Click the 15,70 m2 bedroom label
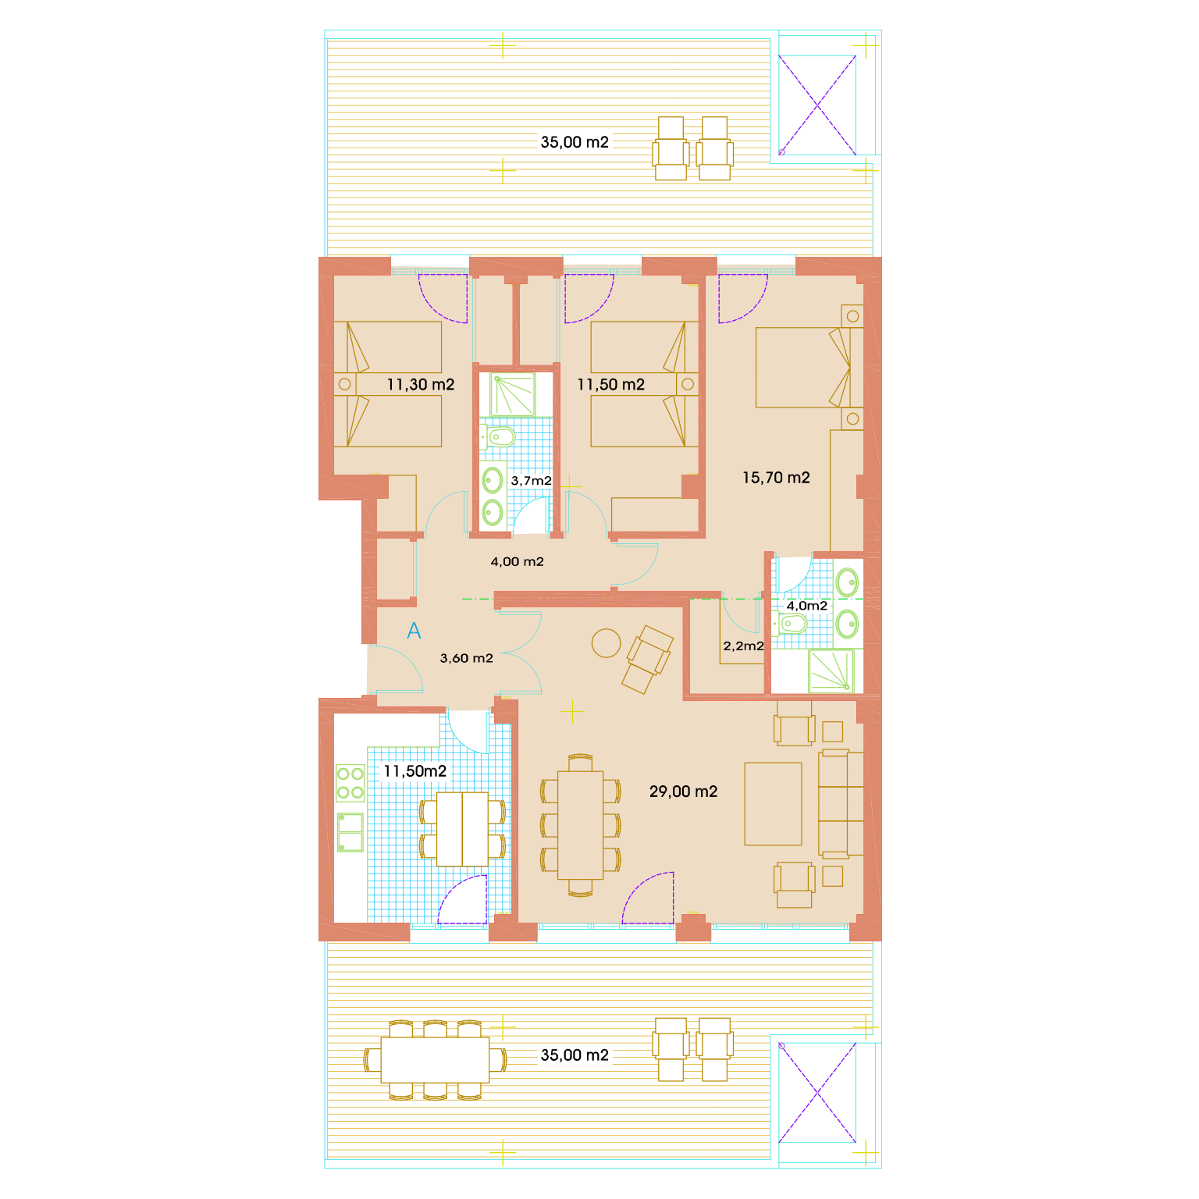[x=776, y=478]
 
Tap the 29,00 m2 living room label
[x=683, y=792]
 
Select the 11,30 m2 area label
[x=420, y=385]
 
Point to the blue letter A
[x=414, y=631]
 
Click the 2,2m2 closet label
[x=743, y=646]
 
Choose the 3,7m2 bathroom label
[x=531, y=481]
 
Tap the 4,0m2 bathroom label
[x=806, y=606]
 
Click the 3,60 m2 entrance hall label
[x=466, y=658]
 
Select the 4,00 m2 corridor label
[x=517, y=561]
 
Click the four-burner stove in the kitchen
[x=350, y=783]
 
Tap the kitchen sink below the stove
[x=350, y=832]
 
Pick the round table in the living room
[x=606, y=643]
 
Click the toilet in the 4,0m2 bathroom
[x=792, y=624]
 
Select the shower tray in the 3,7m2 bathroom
[x=513, y=395]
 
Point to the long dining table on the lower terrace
[x=435, y=1059]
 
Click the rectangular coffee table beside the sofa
[x=773, y=804]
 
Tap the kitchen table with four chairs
[x=462, y=829]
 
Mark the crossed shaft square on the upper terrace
[x=817, y=105]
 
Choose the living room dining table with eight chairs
[x=581, y=826]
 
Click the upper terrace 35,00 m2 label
[x=575, y=143]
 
